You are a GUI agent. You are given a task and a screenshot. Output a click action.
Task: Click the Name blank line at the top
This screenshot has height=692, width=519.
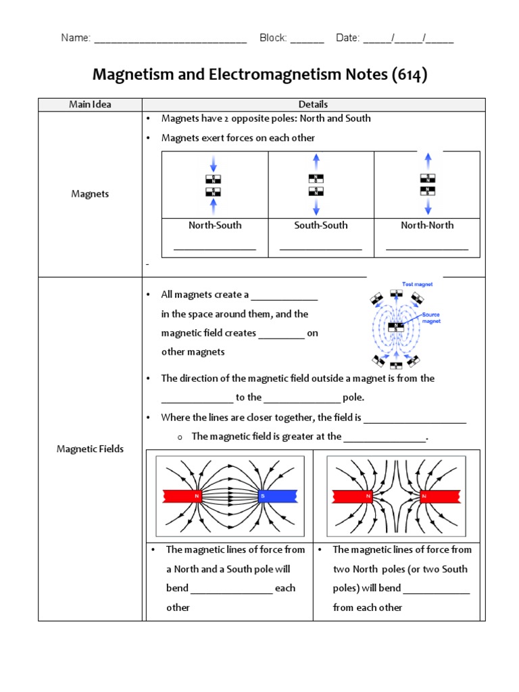point(170,39)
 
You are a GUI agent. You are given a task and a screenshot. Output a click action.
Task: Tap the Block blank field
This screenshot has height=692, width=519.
point(307,39)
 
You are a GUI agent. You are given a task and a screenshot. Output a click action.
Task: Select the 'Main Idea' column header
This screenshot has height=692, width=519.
point(90,104)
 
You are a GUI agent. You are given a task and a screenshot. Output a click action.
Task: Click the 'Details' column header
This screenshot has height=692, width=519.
point(313,104)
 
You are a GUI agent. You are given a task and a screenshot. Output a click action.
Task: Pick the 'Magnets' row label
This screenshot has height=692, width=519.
point(90,194)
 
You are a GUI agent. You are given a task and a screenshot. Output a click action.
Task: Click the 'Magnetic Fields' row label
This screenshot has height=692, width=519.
point(90,449)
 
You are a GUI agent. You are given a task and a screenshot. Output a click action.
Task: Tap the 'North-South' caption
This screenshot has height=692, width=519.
point(215,225)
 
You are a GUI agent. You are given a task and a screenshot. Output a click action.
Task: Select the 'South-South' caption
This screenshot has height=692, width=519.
point(321,225)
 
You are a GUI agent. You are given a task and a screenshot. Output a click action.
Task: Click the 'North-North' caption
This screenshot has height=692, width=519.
point(427,225)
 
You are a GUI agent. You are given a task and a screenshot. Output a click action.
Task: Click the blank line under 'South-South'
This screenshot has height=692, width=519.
point(321,248)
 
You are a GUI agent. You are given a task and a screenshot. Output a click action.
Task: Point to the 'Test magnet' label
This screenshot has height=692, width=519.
point(417,285)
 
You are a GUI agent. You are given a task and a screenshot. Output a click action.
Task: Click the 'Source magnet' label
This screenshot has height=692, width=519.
point(431,318)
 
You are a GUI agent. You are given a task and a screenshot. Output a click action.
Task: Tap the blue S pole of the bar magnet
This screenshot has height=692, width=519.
point(277,497)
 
